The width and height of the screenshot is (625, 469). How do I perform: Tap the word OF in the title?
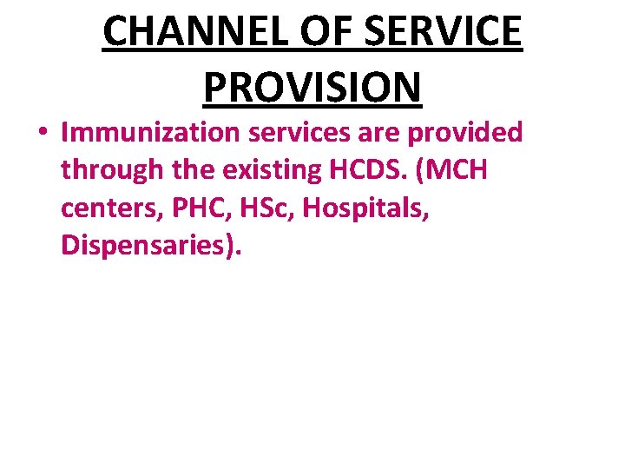coord(330,32)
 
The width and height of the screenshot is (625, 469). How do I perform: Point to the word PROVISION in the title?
coord(312,86)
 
